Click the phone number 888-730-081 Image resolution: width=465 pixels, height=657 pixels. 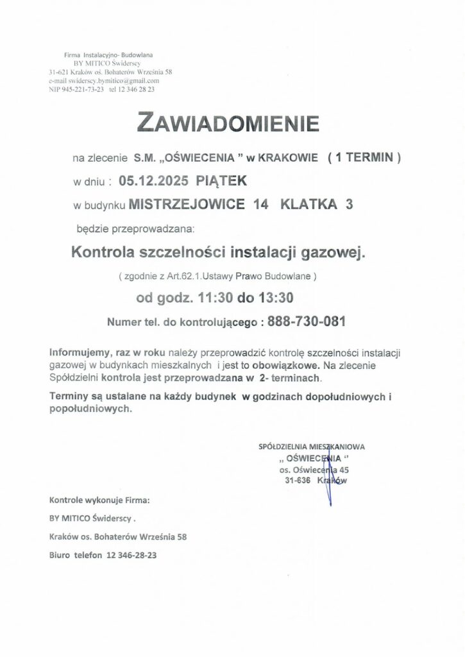pyautogui.click(x=307, y=322)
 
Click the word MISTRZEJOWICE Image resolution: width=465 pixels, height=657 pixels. pyautogui.click(x=187, y=205)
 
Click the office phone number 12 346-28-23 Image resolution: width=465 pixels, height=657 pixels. pyautogui.click(x=131, y=554)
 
